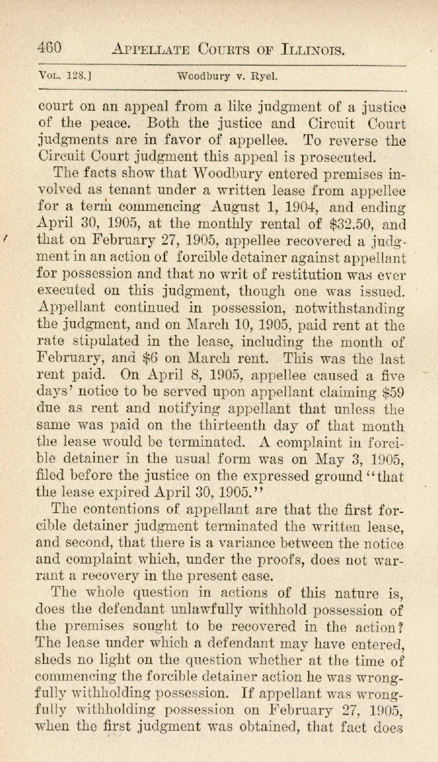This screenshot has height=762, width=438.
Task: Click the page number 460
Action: tap(49, 48)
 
